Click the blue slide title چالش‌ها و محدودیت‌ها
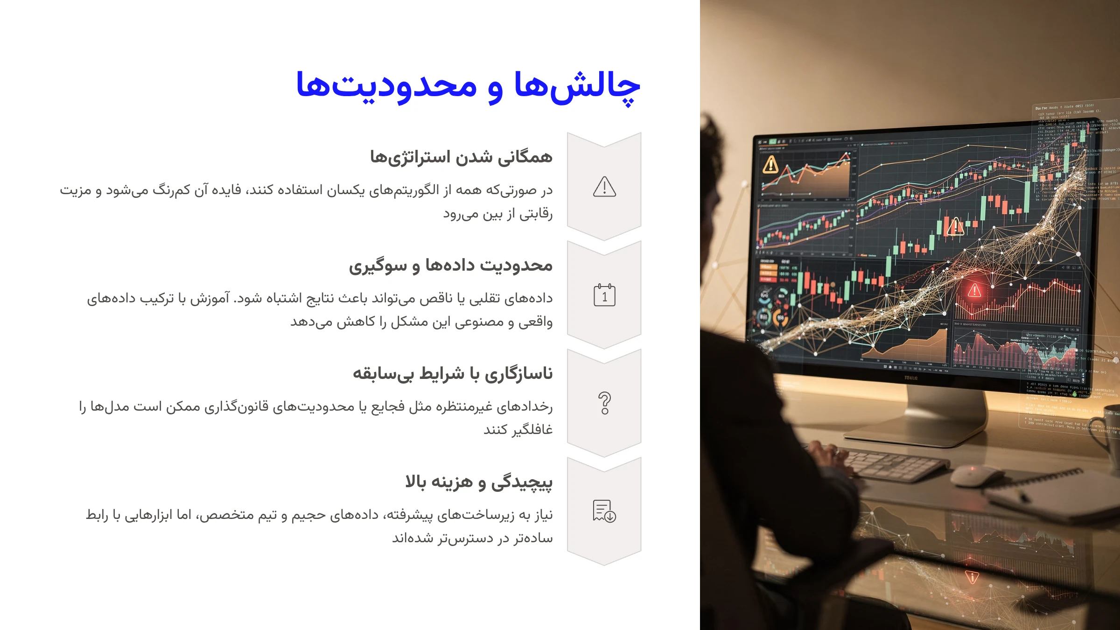pos(468,86)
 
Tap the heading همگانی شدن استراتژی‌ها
pos(461,157)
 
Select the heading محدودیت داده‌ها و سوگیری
pos(450,265)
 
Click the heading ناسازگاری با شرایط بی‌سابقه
pos(452,373)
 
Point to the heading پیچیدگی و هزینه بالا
pos(478,482)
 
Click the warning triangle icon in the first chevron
pos(604,187)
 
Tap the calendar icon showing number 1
pos(604,295)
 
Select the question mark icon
pos(604,403)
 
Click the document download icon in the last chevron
pos(604,511)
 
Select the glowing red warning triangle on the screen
pos(974,291)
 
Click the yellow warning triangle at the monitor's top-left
pos(770,164)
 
